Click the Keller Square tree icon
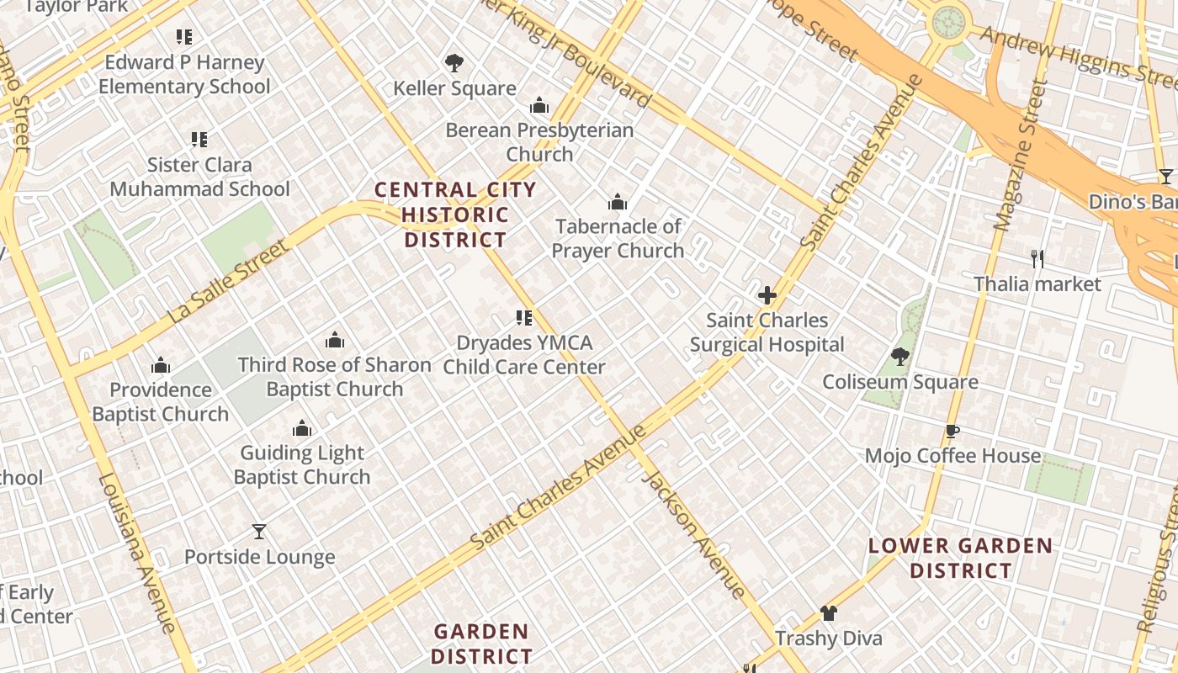tap(454, 63)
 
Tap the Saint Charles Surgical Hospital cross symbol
tap(767, 295)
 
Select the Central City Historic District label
tap(455, 215)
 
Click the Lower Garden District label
tap(960, 558)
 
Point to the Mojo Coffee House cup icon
tap(952, 432)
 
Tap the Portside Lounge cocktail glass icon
tap(259, 532)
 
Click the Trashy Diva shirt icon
tap(829, 613)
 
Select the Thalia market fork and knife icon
tap(1037, 259)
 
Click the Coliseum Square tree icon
tap(900, 357)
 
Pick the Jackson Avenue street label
tap(693, 535)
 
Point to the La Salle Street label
tap(229, 283)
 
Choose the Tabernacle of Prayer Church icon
tap(618, 202)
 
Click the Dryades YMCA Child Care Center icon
tap(524, 318)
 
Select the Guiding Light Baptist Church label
tap(302, 464)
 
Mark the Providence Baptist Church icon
tap(160, 365)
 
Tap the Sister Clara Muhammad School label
tap(199, 177)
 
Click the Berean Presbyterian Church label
tap(539, 142)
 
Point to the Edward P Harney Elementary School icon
tap(184, 37)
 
